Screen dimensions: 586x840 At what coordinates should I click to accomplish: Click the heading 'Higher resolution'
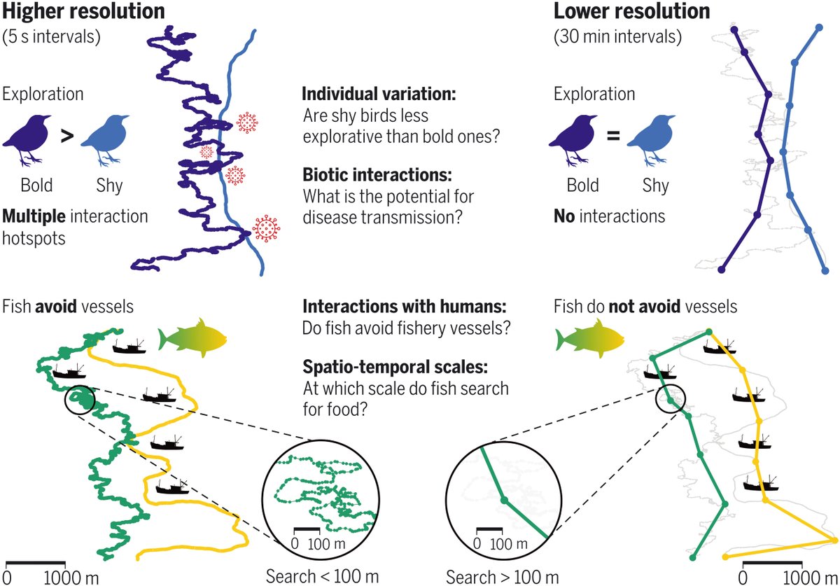pyautogui.click(x=84, y=12)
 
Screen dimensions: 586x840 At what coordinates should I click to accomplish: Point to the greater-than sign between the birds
pyautogui.click(x=66, y=137)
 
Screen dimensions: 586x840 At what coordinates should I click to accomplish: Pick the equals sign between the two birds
pyautogui.click(x=613, y=137)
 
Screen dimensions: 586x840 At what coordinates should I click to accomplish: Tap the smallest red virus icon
pyautogui.click(x=207, y=151)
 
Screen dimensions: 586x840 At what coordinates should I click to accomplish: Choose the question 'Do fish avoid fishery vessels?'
pyautogui.click(x=396, y=328)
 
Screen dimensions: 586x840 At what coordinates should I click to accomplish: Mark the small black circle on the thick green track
pyautogui.click(x=79, y=400)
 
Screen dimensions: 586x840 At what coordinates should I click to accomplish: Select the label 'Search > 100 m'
pyautogui.click(x=502, y=576)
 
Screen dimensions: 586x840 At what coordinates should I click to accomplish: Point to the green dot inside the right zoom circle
pyautogui.click(x=504, y=500)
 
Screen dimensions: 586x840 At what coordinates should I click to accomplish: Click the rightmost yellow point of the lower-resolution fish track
pyautogui.click(x=834, y=539)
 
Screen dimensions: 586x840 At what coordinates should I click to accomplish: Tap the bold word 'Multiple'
pyautogui.click(x=32, y=216)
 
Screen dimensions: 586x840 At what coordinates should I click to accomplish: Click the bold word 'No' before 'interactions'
pyautogui.click(x=563, y=216)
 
